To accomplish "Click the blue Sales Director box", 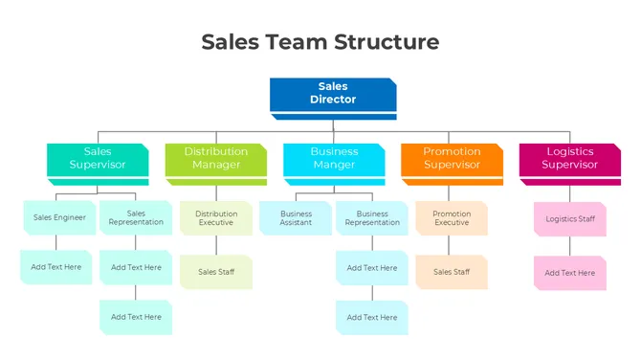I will tap(333, 94).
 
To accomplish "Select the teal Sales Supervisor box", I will tap(98, 159).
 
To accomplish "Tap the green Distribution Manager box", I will tap(215, 159).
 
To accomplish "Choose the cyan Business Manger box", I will tap(334, 159).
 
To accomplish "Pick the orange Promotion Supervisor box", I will tap(452, 159).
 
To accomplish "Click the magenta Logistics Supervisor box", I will tap(569, 159).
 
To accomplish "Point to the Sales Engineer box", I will tap(59, 217).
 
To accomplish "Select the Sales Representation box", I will tap(136, 218).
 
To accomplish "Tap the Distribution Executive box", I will tap(216, 218).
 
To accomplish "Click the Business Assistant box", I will tap(296, 218).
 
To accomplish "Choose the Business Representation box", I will tap(372, 218).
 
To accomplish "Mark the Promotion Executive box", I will tap(452, 218).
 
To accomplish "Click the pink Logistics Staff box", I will tap(570, 219).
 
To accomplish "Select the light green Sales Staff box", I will tap(216, 272).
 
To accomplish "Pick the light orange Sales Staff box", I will tap(452, 272).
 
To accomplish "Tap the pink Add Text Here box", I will tap(570, 273).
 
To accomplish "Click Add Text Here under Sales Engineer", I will tap(56, 267).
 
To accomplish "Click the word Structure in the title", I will tap(387, 42).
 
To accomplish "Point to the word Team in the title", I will tap(295, 42).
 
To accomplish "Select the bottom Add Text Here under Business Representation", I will tap(372, 317).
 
